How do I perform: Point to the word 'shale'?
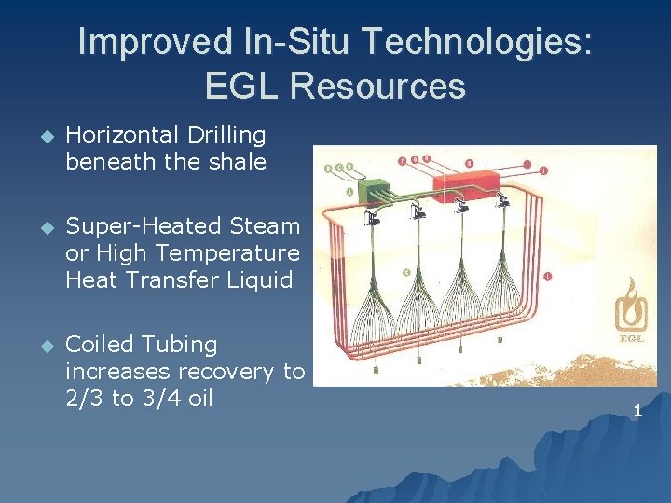click(239, 161)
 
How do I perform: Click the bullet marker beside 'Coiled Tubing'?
click(39, 347)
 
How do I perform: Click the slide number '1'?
click(638, 411)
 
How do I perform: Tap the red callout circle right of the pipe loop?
click(546, 276)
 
